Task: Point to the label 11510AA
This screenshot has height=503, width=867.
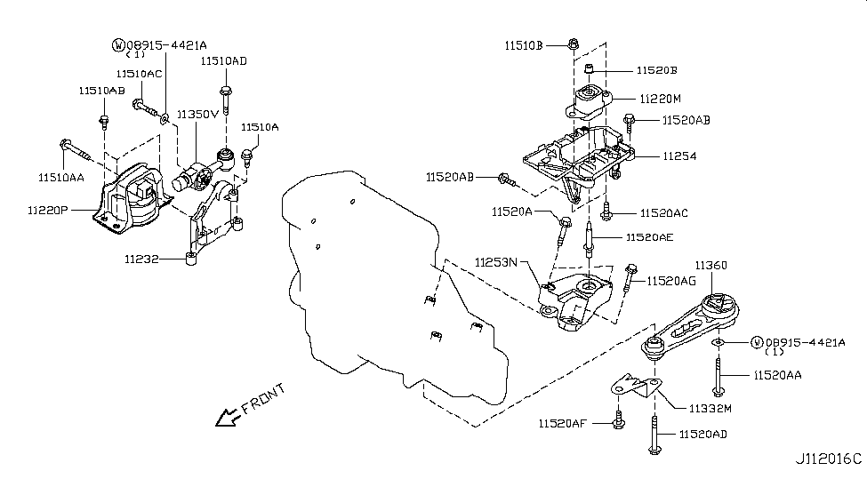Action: point(60,178)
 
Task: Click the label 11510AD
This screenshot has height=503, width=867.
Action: point(223,61)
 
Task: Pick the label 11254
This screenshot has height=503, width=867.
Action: point(679,156)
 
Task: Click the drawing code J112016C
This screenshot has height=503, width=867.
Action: point(828,459)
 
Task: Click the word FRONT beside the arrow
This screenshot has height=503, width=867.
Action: point(263,396)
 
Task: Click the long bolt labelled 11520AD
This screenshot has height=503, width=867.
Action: point(654,435)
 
